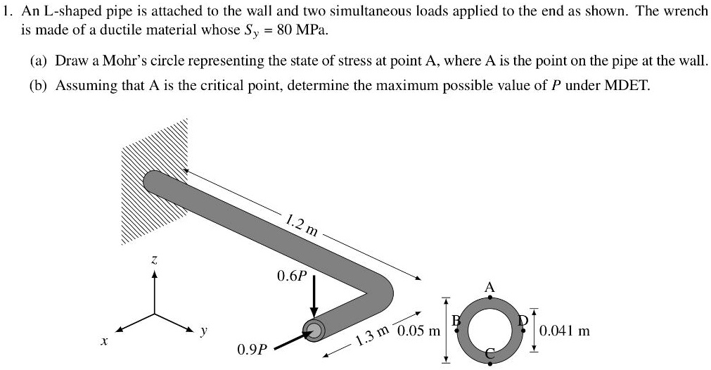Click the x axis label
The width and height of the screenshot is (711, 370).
click(103, 340)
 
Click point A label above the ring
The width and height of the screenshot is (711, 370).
click(490, 286)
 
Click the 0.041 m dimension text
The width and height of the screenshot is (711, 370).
click(564, 330)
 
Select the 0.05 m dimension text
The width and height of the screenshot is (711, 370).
click(419, 331)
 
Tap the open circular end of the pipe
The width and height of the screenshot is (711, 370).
click(314, 331)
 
